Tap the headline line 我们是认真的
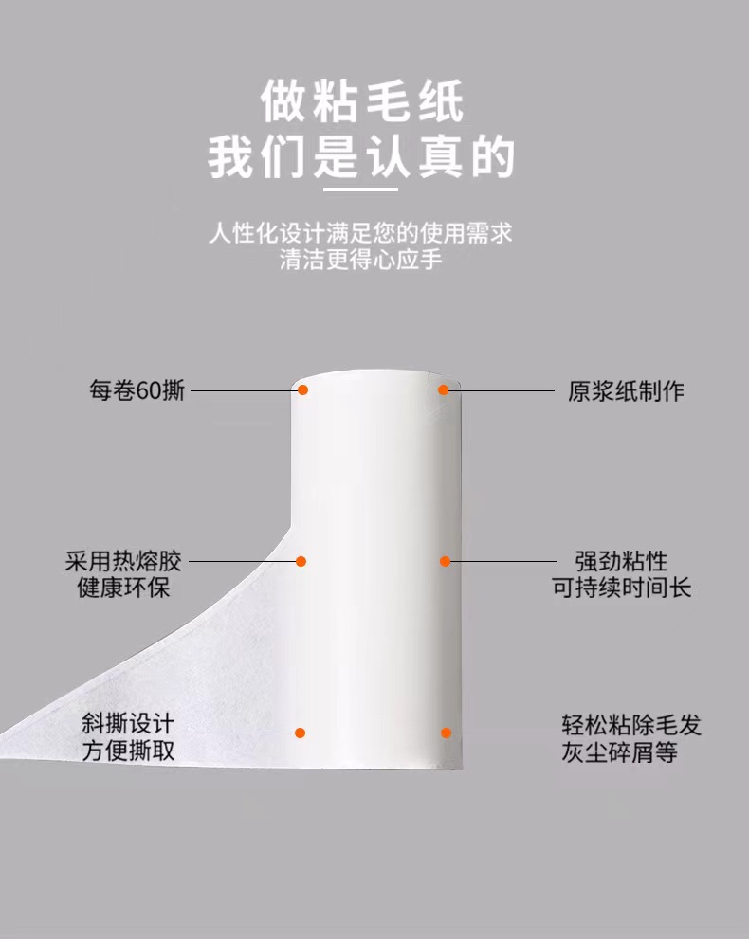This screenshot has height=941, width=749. [x=361, y=156]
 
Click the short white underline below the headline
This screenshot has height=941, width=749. [x=360, y=190]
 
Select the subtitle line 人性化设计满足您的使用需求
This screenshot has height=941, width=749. [x=360, y=232]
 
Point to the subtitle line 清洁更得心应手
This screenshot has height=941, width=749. [x=360, y=260]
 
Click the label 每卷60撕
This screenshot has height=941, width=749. [x=137, y=390]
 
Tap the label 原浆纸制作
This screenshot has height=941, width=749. [x=626, y=390]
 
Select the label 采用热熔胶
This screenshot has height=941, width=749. [x=123, y=561]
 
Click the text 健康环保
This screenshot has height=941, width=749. [x=123, y=587]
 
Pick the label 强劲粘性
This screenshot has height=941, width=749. [x=621, y=561]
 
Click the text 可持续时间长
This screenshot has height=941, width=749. [x=621, y=587]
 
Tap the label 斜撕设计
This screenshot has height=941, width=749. [x=127, y=724]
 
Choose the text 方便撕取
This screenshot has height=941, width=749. [x=127, y=751]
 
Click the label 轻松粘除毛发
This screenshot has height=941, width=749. [x=631, y=725]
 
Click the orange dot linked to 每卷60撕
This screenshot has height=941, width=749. [x=302, y=390]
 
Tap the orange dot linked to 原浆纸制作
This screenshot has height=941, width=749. [x=444, y=390]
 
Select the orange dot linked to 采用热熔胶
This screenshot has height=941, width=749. [x=301, y=561]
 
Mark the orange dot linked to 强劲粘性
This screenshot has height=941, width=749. [x=445, y=561]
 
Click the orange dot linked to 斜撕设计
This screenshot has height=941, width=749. [x=300, y=733]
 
